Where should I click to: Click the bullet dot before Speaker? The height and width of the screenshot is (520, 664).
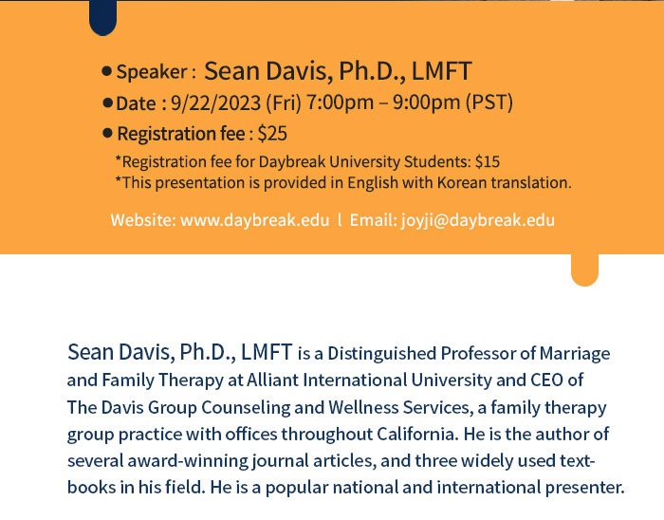107,71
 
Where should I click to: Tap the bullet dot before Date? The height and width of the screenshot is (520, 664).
108,102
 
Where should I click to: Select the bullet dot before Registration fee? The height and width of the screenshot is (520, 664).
107,134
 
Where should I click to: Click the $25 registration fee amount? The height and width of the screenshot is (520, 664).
272,134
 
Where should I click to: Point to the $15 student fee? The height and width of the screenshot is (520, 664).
488,161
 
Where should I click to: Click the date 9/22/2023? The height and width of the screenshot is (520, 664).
215,102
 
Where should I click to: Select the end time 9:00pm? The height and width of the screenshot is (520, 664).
427,102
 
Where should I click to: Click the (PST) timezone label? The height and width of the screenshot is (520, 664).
489,102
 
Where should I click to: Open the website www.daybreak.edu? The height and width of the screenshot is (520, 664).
255,220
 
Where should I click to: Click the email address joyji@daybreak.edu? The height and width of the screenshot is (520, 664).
478,220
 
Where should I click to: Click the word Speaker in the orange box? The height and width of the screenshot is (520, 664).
152,71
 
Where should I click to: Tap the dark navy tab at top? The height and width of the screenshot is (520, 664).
102,18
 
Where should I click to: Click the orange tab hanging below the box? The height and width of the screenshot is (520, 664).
585,269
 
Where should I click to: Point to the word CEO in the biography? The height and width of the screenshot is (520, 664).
547,380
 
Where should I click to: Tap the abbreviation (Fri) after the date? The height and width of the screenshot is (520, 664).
284,102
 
